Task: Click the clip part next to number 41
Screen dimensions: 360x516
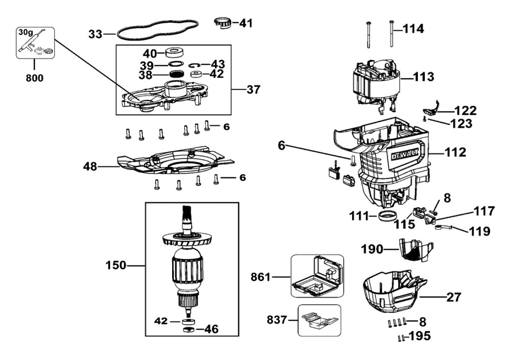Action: tap(223, 22)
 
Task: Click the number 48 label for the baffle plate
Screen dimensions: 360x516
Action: tap(91, 166)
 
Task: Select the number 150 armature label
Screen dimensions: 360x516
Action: tap(115, 265)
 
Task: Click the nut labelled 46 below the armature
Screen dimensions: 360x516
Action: tap(188, 330)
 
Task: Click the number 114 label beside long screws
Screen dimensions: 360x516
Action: tap(414, 29)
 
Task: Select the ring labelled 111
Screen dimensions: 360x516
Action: tap(387, 216)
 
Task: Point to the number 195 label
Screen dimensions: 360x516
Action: tap(420, 336)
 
